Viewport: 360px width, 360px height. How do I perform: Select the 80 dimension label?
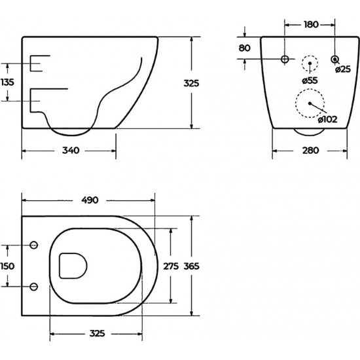click(x=245, y=48)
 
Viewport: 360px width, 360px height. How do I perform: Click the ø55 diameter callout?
click(x=310, y=80)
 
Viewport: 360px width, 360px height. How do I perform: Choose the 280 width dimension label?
click(x=310, y=151)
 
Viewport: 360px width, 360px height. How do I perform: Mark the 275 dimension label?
click(x=171, y=266)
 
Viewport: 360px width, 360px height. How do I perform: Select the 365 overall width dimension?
click(x=191, y=266)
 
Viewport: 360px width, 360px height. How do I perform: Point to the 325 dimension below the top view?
click(x=97, y=334)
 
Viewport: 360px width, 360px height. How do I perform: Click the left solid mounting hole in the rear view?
click(x=285, y=60)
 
